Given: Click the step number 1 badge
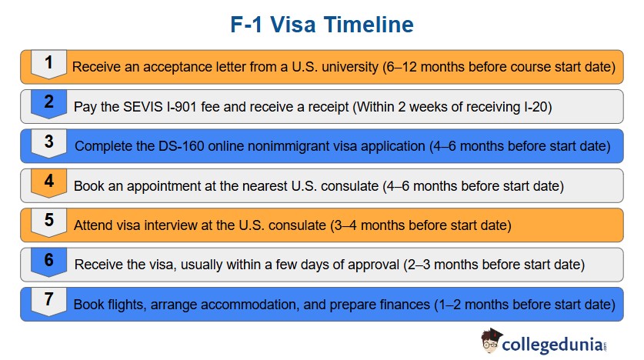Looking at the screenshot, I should tap(48, 64).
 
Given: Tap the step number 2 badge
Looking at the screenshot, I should tap(48, 103).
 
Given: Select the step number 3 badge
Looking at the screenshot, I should tap(48, 142).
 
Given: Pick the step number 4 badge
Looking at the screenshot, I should tap(48, 182).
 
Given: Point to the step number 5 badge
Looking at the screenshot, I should tap(48, 222).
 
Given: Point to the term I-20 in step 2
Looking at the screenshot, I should tap(535, 107).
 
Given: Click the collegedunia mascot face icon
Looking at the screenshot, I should tap(489, 342).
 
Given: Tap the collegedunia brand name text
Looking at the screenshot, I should tap(556, 342).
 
